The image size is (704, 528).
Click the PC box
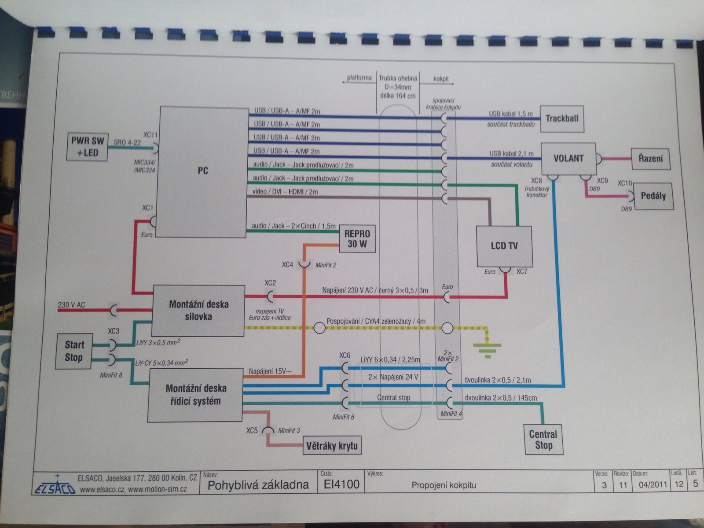(x=203, y=172)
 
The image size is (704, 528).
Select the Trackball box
(x=562, y=119)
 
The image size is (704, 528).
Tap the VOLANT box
(x=568, y=158)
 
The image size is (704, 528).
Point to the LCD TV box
(x=504, y=246)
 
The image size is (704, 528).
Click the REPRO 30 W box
(x=357, y=239)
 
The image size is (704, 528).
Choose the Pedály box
(x=653, y=196)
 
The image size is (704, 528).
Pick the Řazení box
(x=650, y=159)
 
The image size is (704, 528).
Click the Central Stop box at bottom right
(x=543, y=440)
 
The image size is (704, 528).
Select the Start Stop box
(x=74, y=351)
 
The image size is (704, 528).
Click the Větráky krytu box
(x=332, y=446)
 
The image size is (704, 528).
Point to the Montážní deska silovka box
(x=198, y=310)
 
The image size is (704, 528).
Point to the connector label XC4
(x=287, y=265)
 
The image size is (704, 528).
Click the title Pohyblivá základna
(x=258, y=485)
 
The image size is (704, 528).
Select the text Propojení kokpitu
(x=444, y=485)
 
